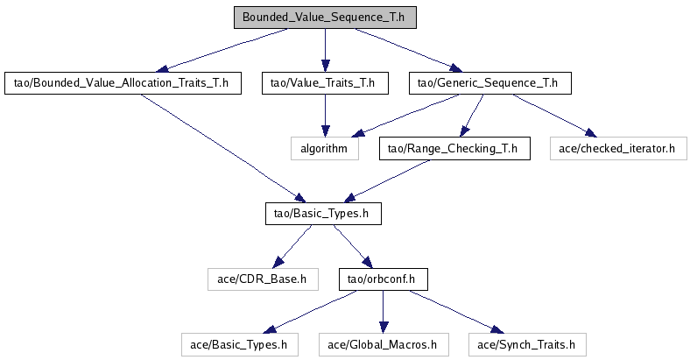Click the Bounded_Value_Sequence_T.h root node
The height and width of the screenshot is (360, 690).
click(325, 17)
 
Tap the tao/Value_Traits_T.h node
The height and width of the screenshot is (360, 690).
click(325, 83)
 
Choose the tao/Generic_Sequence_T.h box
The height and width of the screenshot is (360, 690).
click(489, 83)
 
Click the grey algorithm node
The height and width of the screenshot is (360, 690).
click(325, 149)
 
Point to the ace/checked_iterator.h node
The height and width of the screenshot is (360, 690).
click(616, 149)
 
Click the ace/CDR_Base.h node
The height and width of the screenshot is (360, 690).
click(262, 279)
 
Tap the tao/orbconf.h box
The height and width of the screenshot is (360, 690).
click(382, 279)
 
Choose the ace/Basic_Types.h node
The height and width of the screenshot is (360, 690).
click(238, 344)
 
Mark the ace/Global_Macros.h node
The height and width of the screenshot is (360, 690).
click(383, 344)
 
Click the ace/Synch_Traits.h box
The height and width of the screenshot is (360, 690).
click(525, 344)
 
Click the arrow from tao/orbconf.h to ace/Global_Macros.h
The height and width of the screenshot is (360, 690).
click(382, 312)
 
